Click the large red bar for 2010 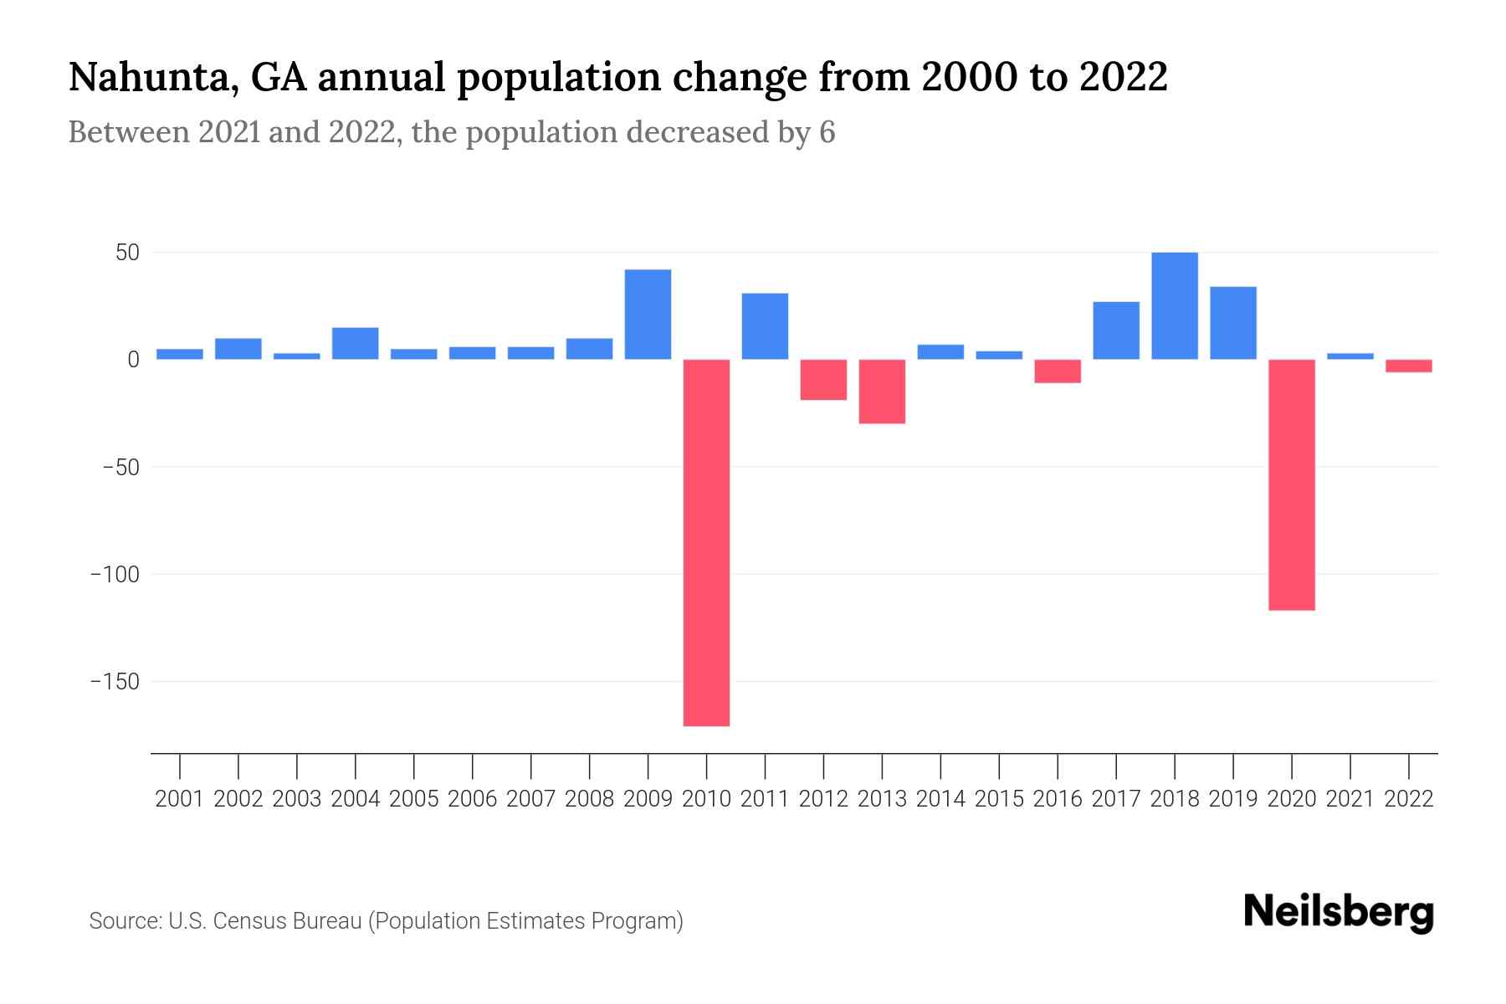point(706,542)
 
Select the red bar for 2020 point(1291,484)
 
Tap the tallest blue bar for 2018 point(1174,306)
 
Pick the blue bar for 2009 point(648,315)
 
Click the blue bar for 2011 point(765,326)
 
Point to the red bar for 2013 point(882,392)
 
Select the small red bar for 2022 point(1408,366)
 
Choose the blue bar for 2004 point(355,343)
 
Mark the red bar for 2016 point(1058,371)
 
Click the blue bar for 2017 point(1115,330)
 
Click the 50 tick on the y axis point(121,253)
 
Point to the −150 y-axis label point(115,682)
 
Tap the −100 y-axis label point(115,575)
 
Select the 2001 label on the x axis point(180,799)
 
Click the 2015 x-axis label point(999,799)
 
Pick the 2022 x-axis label point(1409,799)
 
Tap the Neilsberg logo point(1338,913)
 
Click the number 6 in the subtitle point(827,133)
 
